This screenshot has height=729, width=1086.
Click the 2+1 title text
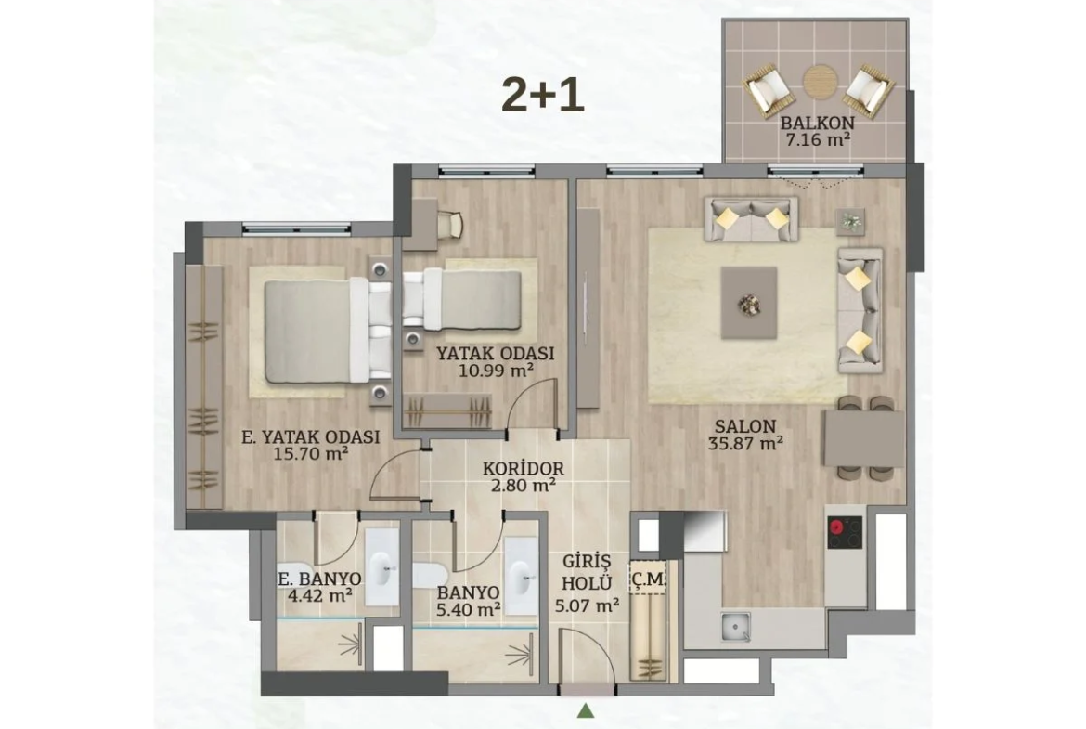pos(543,96)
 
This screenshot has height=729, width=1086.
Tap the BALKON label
pos(817,124)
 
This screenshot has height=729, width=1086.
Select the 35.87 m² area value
pos(745,444)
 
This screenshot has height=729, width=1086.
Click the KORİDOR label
pos(523,468)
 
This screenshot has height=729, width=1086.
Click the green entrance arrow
pos(587,709)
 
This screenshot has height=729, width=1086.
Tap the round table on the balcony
pos(820,82)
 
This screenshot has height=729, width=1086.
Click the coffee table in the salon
pos(749,303)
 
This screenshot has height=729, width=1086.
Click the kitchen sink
pos(735,627)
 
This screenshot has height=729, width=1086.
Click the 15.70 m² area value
pos(311,454)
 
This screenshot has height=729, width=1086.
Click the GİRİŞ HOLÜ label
pos(587,571)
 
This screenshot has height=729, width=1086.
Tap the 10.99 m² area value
pos(496,370)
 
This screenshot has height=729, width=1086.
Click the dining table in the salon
pos(864,438)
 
